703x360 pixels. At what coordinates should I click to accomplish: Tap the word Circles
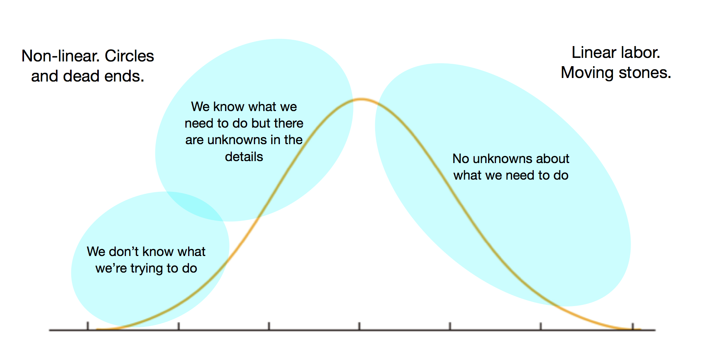click(129, 56)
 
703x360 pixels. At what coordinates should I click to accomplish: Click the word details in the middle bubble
click(244, 157)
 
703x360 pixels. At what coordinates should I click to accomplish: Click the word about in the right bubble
click(553, 159)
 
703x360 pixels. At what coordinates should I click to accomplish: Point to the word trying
click(147, 269)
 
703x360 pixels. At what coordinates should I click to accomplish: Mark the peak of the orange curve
click(361, 99)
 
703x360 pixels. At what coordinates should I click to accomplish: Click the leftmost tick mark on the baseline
click(88, 326)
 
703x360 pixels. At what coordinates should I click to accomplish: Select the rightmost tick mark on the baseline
click(633, 326)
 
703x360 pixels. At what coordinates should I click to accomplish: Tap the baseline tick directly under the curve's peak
click(359, 326)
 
